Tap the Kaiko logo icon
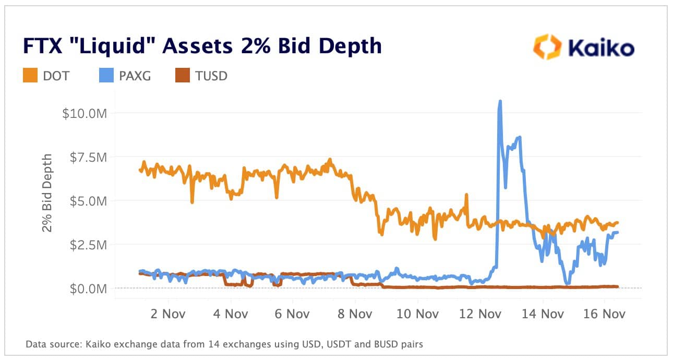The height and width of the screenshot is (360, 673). (547, 46)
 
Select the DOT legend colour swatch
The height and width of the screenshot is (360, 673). (30, 76)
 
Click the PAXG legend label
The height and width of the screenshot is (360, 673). (135, 76)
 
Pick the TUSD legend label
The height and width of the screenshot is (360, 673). (211, 76)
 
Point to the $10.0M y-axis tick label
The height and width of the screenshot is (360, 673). (85, 113)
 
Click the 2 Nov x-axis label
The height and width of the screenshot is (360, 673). (169, 315)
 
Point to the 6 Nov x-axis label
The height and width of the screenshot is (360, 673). (292, 315)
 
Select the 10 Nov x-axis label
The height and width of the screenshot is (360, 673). (417, 315)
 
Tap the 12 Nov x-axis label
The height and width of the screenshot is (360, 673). (480, 315)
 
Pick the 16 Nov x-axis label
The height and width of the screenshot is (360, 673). (604, 315)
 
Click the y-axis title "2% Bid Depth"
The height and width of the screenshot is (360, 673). (47, 193)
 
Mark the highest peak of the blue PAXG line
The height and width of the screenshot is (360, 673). (500, 101)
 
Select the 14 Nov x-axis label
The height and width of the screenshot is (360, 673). (543, 315)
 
